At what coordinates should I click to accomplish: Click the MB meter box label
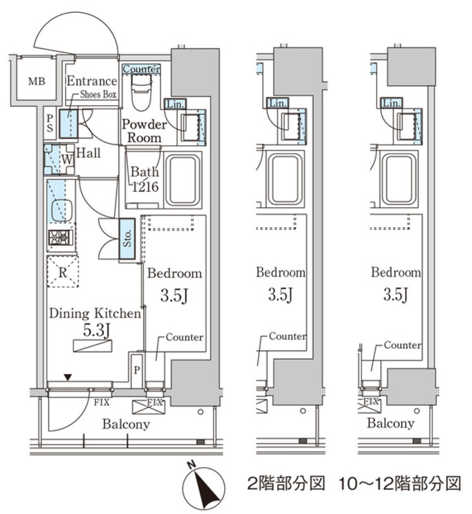tap(36, 81)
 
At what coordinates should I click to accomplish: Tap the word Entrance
tap(91, 81)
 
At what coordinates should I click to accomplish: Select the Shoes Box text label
tap(98, 95)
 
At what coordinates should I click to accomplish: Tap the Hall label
tap(88, 153)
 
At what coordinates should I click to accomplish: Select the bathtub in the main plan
tap(183, 181)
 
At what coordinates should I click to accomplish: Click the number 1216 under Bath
tap(145, 187)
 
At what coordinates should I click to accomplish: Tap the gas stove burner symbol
tap(61, 238)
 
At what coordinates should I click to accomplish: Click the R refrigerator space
tap(62, 271)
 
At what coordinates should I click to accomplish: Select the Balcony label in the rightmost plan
tap(390, 423)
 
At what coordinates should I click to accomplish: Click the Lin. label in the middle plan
tap(278, 104)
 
